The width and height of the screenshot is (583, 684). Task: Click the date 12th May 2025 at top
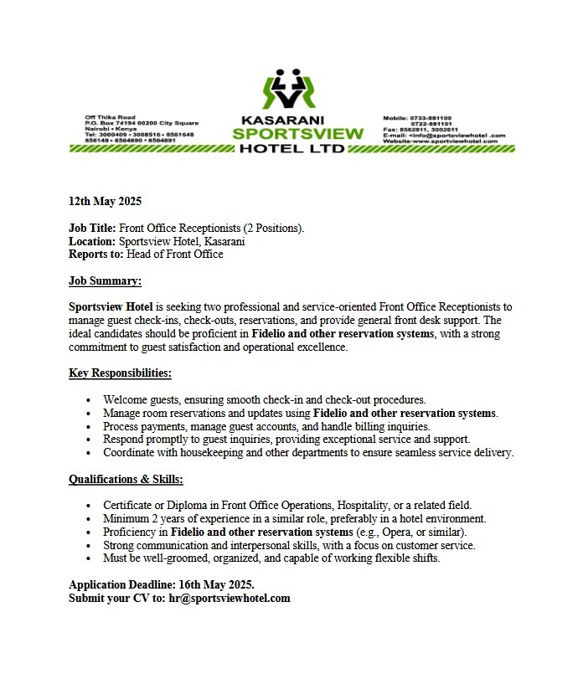[x=106, y=201]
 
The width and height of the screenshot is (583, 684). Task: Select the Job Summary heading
[x=105, y=281]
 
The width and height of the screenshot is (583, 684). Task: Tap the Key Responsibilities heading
[x=120, y=373]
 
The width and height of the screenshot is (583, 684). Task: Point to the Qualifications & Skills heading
[x=126, y=479]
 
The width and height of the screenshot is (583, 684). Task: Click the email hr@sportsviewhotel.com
[x=230, y=598]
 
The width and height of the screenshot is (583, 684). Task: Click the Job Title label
[x=92, y=228]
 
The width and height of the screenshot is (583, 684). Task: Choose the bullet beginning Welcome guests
[x=264, y=399]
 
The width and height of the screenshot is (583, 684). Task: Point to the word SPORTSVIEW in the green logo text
[x=298, y=134]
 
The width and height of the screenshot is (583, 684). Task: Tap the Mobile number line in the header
[x=417, y=118]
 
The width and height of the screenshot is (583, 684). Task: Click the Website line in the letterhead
[x=440, y=141]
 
